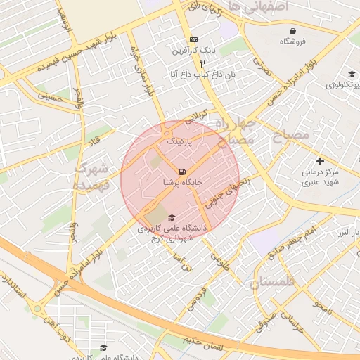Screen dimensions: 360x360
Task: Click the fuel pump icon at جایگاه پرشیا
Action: point(183,172)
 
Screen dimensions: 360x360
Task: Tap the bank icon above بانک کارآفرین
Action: point(193,40)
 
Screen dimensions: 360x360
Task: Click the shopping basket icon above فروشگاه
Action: point(292,31)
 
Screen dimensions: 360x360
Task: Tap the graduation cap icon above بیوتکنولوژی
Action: point(351,75)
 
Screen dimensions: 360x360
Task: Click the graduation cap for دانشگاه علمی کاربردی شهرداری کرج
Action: point(172,217)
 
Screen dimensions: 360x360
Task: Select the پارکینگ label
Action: point(179,141)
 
